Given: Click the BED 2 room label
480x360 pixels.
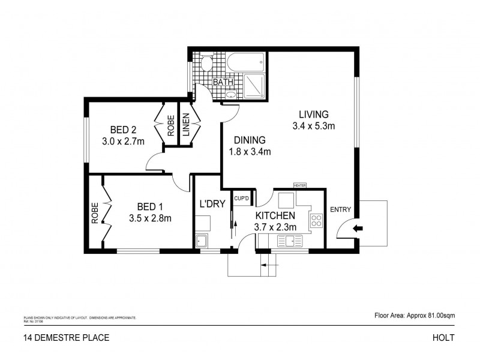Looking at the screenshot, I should pos(125,130).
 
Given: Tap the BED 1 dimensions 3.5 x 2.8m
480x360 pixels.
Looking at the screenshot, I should pos(151,218).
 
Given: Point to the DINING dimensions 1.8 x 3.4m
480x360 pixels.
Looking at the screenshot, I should pos(250,152).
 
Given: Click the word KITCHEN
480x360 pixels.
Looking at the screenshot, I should pos(275,215).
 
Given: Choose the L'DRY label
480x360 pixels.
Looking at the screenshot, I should pos(212,204).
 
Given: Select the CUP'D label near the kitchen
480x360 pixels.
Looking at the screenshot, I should pos(241,197).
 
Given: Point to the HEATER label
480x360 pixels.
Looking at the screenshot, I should pos(300,185).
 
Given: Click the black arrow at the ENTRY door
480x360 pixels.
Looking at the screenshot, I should pos(358,228).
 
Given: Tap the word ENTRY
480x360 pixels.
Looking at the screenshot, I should pos(340,210).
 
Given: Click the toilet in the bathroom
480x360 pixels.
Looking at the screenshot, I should pos(206,63).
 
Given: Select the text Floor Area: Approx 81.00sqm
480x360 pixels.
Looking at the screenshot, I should pos(414,314).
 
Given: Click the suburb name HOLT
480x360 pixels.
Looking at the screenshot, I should pos(443,337).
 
